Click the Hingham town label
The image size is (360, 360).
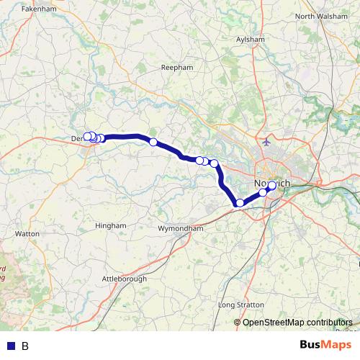[x=111, y=225]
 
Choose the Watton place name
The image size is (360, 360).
[x=27, y=234]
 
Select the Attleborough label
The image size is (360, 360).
[x=124, y=279]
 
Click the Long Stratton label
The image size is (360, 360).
[x=240, y=305]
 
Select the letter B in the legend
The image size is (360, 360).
[x=25, y=346]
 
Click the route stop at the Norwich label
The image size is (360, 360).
[x=271, y=186]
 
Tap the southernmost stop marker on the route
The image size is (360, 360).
[x=240, y=203]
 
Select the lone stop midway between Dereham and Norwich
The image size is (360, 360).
[x=153, y=142]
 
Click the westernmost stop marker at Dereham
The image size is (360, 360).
[x=87, y=136]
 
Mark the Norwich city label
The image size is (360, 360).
[x=272, y=184]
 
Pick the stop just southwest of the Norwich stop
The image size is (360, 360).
[x=264, y=192]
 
